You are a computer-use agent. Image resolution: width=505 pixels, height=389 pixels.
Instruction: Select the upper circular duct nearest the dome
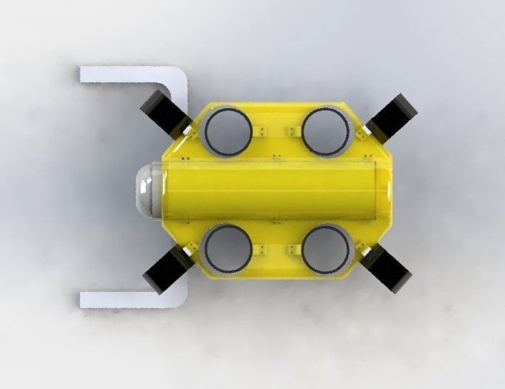pos(226,130)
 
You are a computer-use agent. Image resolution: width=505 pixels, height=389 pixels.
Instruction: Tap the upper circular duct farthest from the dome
pos(326,130)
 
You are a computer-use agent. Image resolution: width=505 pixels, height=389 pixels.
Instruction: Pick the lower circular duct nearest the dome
pos(226,250)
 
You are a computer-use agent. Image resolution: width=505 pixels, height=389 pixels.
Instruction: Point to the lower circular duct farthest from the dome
pos(326,250)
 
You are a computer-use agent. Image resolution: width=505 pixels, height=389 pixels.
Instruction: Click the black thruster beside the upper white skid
pos(162,110)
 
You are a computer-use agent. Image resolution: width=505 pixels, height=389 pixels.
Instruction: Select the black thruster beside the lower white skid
pos(164,270)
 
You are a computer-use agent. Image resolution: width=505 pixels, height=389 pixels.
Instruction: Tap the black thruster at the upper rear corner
pos(393,116)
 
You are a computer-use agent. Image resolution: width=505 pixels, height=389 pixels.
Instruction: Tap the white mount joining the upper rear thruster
pos(365,131)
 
